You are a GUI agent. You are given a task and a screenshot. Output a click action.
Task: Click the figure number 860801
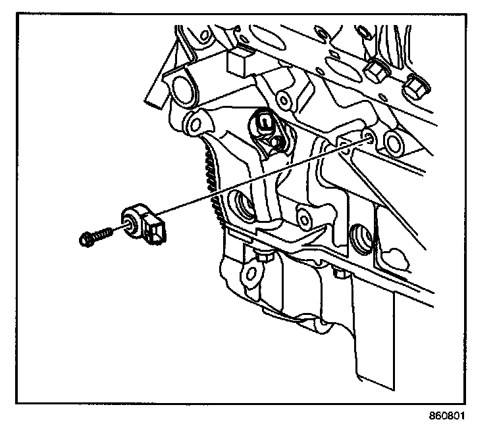[454, 416]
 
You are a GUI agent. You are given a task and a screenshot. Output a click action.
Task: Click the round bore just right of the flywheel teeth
[242, 206]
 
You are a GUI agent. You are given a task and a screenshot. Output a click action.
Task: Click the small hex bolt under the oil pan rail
[264, 258]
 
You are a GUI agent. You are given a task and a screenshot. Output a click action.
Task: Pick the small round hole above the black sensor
[282, 100]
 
